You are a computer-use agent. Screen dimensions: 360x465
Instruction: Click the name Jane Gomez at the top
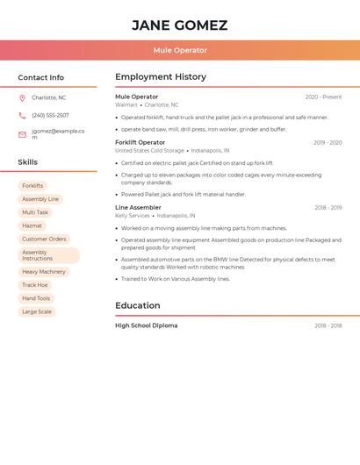point(179,25)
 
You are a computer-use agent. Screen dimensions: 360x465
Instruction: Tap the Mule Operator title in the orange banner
point(179,51)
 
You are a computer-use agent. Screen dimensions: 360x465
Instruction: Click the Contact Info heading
point(40,77)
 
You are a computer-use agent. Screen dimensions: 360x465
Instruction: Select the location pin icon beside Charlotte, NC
point(22,97)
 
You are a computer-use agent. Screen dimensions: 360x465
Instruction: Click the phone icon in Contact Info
point(22,115)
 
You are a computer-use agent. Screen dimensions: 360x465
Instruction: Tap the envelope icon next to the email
point(22,133)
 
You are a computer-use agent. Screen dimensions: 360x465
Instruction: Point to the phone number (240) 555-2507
point(50,115)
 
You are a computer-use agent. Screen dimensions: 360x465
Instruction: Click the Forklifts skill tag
point(32,186)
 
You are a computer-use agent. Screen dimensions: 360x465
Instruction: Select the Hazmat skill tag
point(32,225)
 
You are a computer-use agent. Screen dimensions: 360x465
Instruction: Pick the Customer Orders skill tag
point(44,239)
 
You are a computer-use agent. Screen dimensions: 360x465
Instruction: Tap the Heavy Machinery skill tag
point(44,272)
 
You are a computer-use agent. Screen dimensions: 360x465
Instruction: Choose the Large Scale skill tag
point(37,311)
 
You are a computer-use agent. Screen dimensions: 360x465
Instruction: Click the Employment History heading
point(160,77)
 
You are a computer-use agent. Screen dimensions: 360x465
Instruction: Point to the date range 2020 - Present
point(323,97)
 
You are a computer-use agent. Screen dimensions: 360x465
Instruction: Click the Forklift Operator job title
point(140,142)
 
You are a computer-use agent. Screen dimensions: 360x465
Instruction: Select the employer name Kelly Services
point(133,215)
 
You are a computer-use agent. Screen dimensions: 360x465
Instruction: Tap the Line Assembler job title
point(138,208)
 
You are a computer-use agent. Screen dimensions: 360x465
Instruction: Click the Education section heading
point(137,305)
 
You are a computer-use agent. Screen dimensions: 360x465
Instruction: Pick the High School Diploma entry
point(146,325)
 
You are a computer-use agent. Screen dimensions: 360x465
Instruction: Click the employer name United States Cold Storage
point(149,150)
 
